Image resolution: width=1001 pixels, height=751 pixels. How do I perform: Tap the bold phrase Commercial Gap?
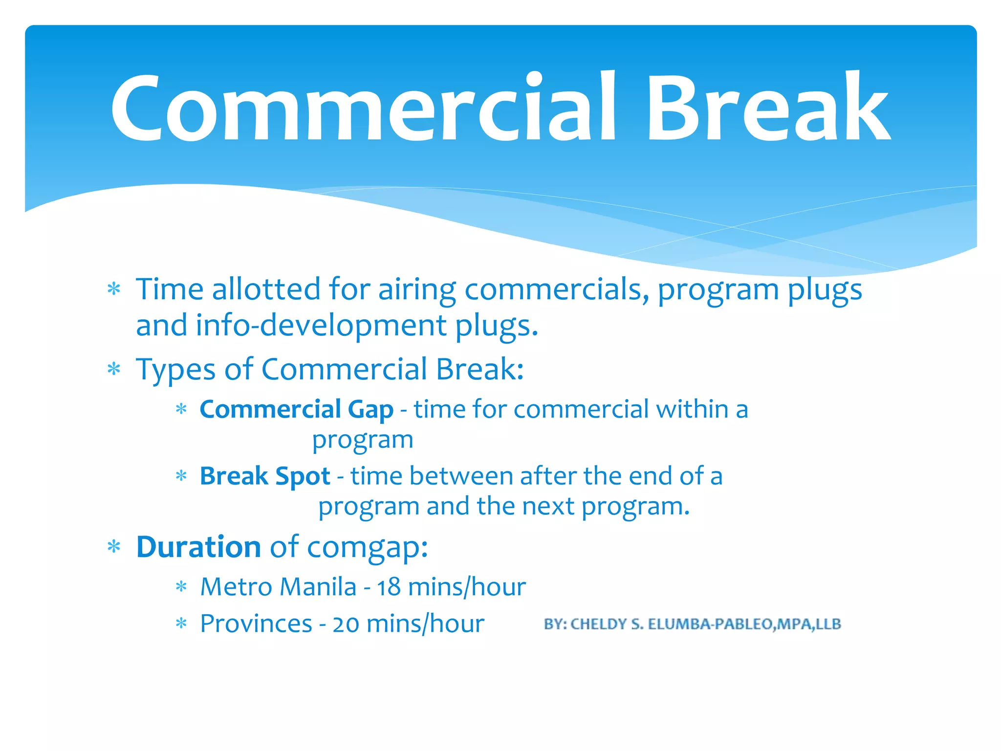pyautogui.click(x=296, y=409)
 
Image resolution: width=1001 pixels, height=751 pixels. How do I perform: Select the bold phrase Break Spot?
pyautogui.click(x=265, y=476)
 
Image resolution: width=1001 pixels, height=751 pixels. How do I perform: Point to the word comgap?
pyautogui.click(x=368, y=548)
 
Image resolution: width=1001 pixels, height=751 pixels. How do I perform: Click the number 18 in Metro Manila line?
pyautogui.click(x=389, y=587)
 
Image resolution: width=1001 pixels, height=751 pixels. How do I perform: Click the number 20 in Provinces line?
pyautogui.click(x=346, y=624)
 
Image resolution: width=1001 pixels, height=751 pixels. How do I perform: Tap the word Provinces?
pyautogui.click(x=256, y=624)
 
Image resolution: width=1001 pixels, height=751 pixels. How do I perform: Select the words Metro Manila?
pyautogui.click(x=278, y=587)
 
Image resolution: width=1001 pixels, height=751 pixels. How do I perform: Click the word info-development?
pyautogui.click(x=321, y=326)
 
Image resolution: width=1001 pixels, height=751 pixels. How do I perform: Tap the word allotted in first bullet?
pyautogui.click(x=266, y=289)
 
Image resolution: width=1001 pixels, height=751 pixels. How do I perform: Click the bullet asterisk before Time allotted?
pyautogui.click(x=114, y=289)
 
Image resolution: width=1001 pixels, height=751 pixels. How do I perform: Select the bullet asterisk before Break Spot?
pyautogui.click(x=181, y=476)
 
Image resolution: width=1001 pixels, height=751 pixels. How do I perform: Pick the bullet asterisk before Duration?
pyautogui.click(x=114, y=547)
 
